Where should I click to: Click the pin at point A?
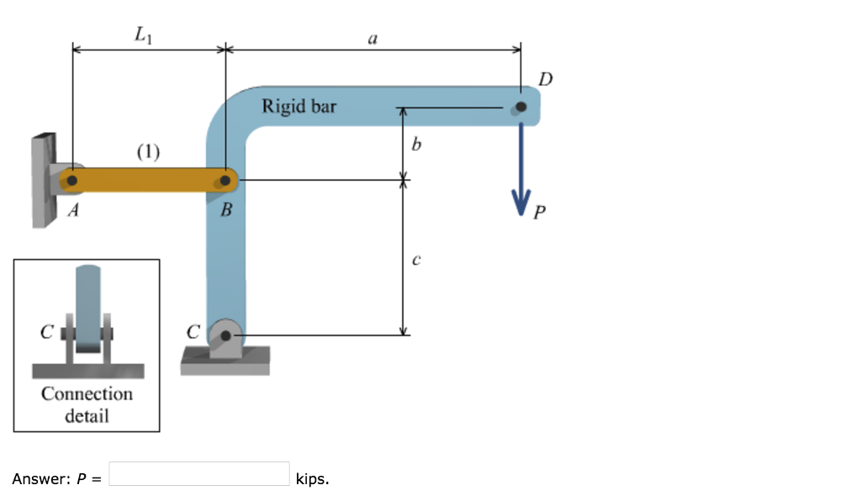72,180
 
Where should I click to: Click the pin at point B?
225,180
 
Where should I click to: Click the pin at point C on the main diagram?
225,335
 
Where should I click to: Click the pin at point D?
521,107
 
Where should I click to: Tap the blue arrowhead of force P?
521,202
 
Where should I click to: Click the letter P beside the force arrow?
539,214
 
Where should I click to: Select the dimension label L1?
143,35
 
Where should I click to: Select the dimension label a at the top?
373,38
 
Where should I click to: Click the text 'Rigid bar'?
298,107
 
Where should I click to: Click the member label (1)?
147,151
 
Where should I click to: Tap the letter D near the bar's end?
547,80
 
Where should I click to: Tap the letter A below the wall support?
73,211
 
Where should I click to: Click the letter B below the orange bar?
225,211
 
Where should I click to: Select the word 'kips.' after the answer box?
313,479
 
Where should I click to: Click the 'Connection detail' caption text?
87,403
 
